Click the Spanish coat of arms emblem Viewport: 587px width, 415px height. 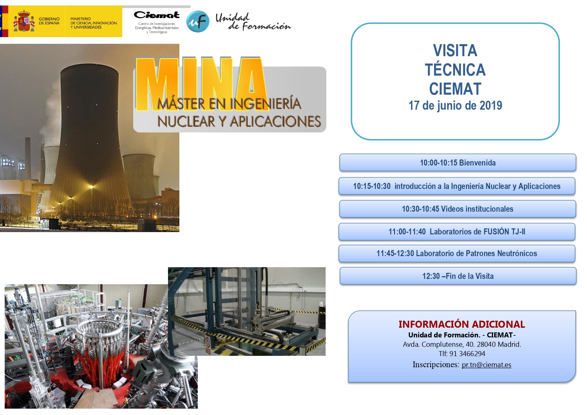(x=24, y=21)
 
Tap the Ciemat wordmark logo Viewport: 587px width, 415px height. (x=157, y=15)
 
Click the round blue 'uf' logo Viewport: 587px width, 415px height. (x=198, y=22)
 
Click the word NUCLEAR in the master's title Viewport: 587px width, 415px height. (x=187, y=121)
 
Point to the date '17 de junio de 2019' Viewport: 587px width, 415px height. (x=455, y=105)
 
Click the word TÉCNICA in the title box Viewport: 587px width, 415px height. (x=455, y=70)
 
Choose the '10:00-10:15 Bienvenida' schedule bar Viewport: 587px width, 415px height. (x=458, y=163)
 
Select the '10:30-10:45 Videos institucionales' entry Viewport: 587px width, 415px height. (x=457, y=209)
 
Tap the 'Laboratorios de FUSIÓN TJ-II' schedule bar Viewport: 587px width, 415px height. (x=457, y=232)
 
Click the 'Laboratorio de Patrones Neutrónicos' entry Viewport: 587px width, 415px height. (x=457, y=253)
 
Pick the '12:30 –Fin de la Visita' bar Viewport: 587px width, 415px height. (x=458, y=276)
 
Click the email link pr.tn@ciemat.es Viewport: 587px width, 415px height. (x=487, y=365)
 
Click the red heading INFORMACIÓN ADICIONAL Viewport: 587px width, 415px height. (x=462, y=324)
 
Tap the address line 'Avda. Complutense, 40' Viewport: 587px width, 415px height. (x=462, y=344)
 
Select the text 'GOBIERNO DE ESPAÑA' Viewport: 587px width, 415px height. (x=49, y=21)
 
